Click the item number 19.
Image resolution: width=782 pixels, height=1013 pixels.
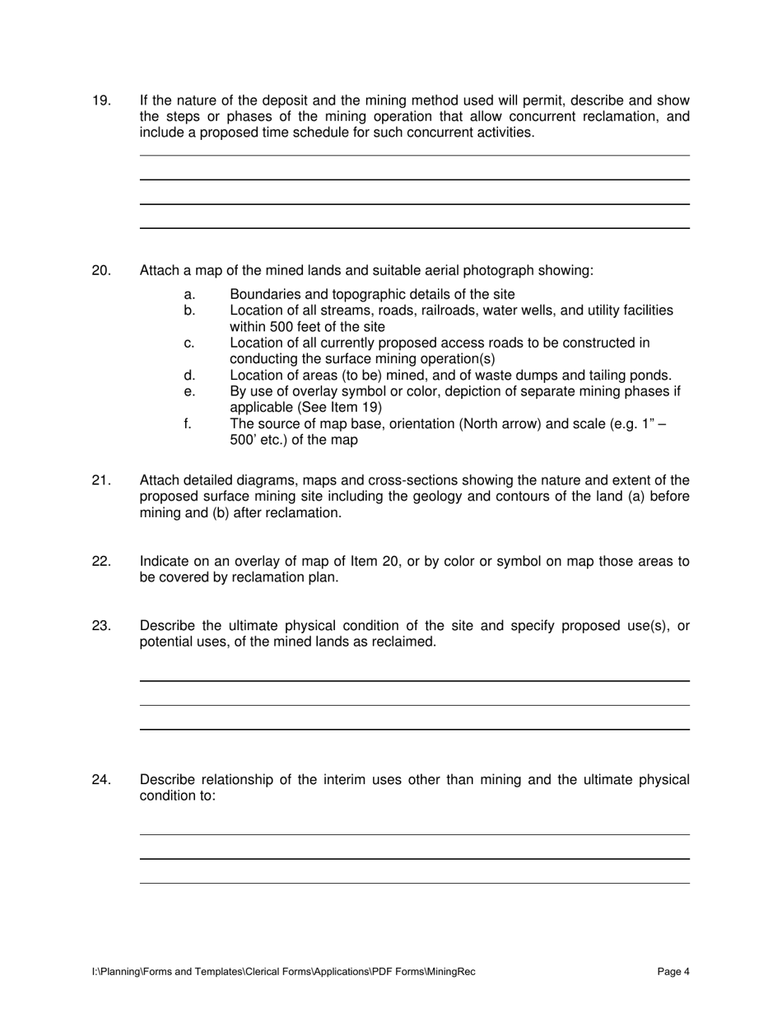tap(101, 101)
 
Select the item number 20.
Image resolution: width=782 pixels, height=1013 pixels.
tap(101, 271)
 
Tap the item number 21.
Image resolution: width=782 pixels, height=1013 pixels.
tap(101, 481)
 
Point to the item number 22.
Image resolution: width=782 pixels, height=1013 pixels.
tap(101, 562)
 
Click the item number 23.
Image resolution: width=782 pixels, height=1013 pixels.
tap(101, 626)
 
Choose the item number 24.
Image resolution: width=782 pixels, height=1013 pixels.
tap(101, 780)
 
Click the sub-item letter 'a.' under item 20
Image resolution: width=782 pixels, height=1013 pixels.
tap(189, 295)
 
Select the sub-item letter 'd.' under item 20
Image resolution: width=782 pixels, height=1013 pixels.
tap(189, 376)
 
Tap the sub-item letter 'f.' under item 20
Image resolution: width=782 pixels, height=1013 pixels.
tap(188, 424)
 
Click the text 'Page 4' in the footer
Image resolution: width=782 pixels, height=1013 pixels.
tap(673, 972)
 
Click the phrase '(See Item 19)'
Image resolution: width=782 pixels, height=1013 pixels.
tap(343, 408)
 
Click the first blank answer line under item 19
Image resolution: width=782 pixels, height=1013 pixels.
tap(414, 155)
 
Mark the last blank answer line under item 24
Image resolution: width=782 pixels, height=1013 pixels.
tap(414, 883)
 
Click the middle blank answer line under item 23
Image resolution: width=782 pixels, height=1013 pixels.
tap(414, 705)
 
